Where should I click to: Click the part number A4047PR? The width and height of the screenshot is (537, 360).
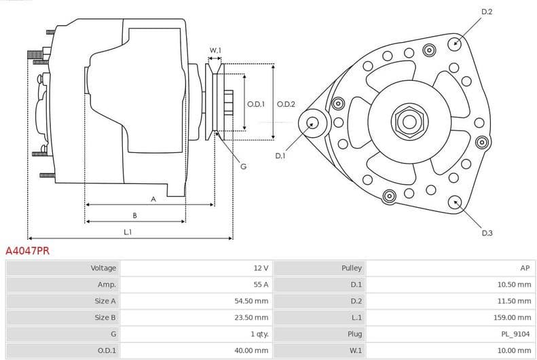click(x=27, y=251)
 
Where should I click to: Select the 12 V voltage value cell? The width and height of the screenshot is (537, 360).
click(x=261, y=268)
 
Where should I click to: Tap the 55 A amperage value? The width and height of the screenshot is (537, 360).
click(x=261, y=285)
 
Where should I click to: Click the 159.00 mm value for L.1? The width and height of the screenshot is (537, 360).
click(x=513, y=317)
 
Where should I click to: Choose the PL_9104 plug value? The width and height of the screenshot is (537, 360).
click(x=516, y=334)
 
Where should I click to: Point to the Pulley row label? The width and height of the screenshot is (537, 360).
click(x=352, y=268)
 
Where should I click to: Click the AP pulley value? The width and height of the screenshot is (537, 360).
click(x=525, y=268)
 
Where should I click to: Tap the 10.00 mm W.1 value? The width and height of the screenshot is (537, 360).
click(x=515, y=350)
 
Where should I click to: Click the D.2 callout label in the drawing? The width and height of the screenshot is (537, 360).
click(x=487, y=12)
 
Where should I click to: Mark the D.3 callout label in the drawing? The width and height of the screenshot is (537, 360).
click(x=487, y=233)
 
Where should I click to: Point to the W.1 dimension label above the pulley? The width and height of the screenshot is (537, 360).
click(x=215, y=51)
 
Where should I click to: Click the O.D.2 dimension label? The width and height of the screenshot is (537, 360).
click(x=286, y=104)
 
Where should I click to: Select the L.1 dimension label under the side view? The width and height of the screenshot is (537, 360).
click(x=128, y=232)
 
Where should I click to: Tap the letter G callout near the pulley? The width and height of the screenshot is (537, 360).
click(x=243, y=166)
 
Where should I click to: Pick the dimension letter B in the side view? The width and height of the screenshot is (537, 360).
click(x=134, y=215)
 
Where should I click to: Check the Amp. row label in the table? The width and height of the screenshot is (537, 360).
click(x=107, y=285)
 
